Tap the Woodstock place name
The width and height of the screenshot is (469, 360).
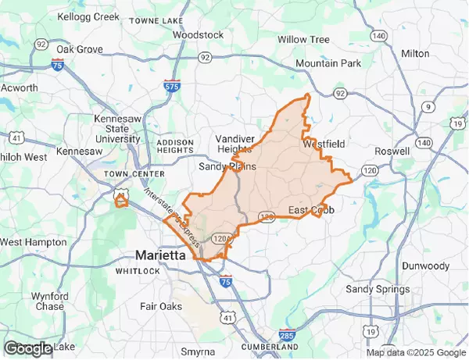[x=198, y=35]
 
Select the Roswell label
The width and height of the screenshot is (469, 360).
[x=392, y=151]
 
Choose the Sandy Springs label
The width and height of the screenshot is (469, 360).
[x=378, y=289]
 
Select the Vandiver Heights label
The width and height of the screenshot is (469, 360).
[x=234, y=144]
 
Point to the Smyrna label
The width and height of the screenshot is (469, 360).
[x=198, y=351]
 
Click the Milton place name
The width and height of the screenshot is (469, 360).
[x=414, y=53]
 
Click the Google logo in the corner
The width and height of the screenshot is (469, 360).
[x=27, y=348]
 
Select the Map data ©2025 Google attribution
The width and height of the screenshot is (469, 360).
[x=417, y=353]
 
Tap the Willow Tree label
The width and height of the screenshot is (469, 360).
[x=303, y=39]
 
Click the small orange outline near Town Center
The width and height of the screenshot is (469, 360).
[x=120, y=201]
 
